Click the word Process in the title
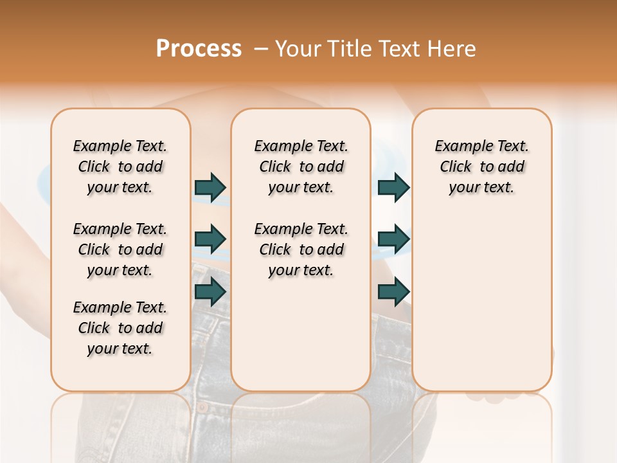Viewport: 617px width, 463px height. click(x=199, y=49)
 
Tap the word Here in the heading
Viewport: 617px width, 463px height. click(x=452, y=49)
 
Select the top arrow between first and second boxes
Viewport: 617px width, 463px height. click(x=210, y=187)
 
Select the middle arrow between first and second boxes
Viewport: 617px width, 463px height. click(x=210, y=239)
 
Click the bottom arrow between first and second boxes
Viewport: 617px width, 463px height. click(x=210, y=292)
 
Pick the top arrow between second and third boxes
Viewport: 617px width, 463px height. click(x=393, y=187)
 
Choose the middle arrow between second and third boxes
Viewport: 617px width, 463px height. click(x=393, y=239)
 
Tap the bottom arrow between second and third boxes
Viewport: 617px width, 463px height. click(x=393, y=292)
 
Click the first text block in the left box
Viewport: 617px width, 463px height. click(x=120, y=167)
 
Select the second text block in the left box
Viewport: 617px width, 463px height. click(x=120, y=250)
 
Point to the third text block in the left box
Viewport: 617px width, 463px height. click(x=120, y=328)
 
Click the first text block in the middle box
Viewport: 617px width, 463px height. click(x=301, y=167)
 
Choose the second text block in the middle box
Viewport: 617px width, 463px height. click(x=301, y=250)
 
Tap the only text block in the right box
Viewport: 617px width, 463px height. click(x=481, y=167)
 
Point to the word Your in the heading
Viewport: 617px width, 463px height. click(x=300, y=49)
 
